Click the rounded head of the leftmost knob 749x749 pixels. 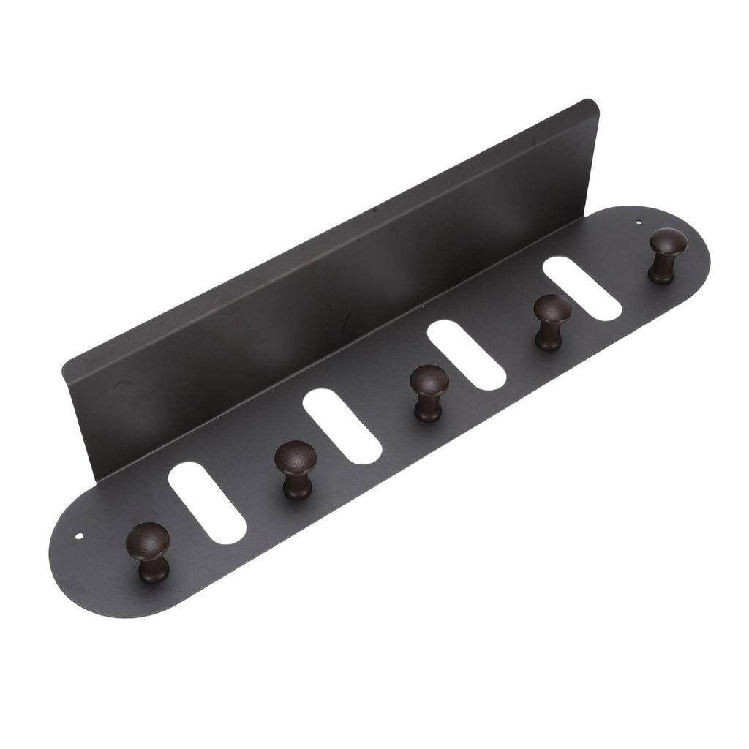[147, 541]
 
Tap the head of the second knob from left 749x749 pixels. [296, 459]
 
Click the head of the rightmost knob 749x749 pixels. [667, 242]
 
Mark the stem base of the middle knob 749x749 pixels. [429, 414]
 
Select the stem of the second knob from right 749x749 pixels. [549, 337]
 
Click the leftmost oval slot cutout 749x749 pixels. [206, 503]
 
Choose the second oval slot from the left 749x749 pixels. [342, 426]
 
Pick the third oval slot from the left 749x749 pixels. [466, 355]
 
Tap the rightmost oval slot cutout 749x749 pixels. [582, 288]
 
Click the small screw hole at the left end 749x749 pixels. [80, 536]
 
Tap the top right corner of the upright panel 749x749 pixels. [591, 103]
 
